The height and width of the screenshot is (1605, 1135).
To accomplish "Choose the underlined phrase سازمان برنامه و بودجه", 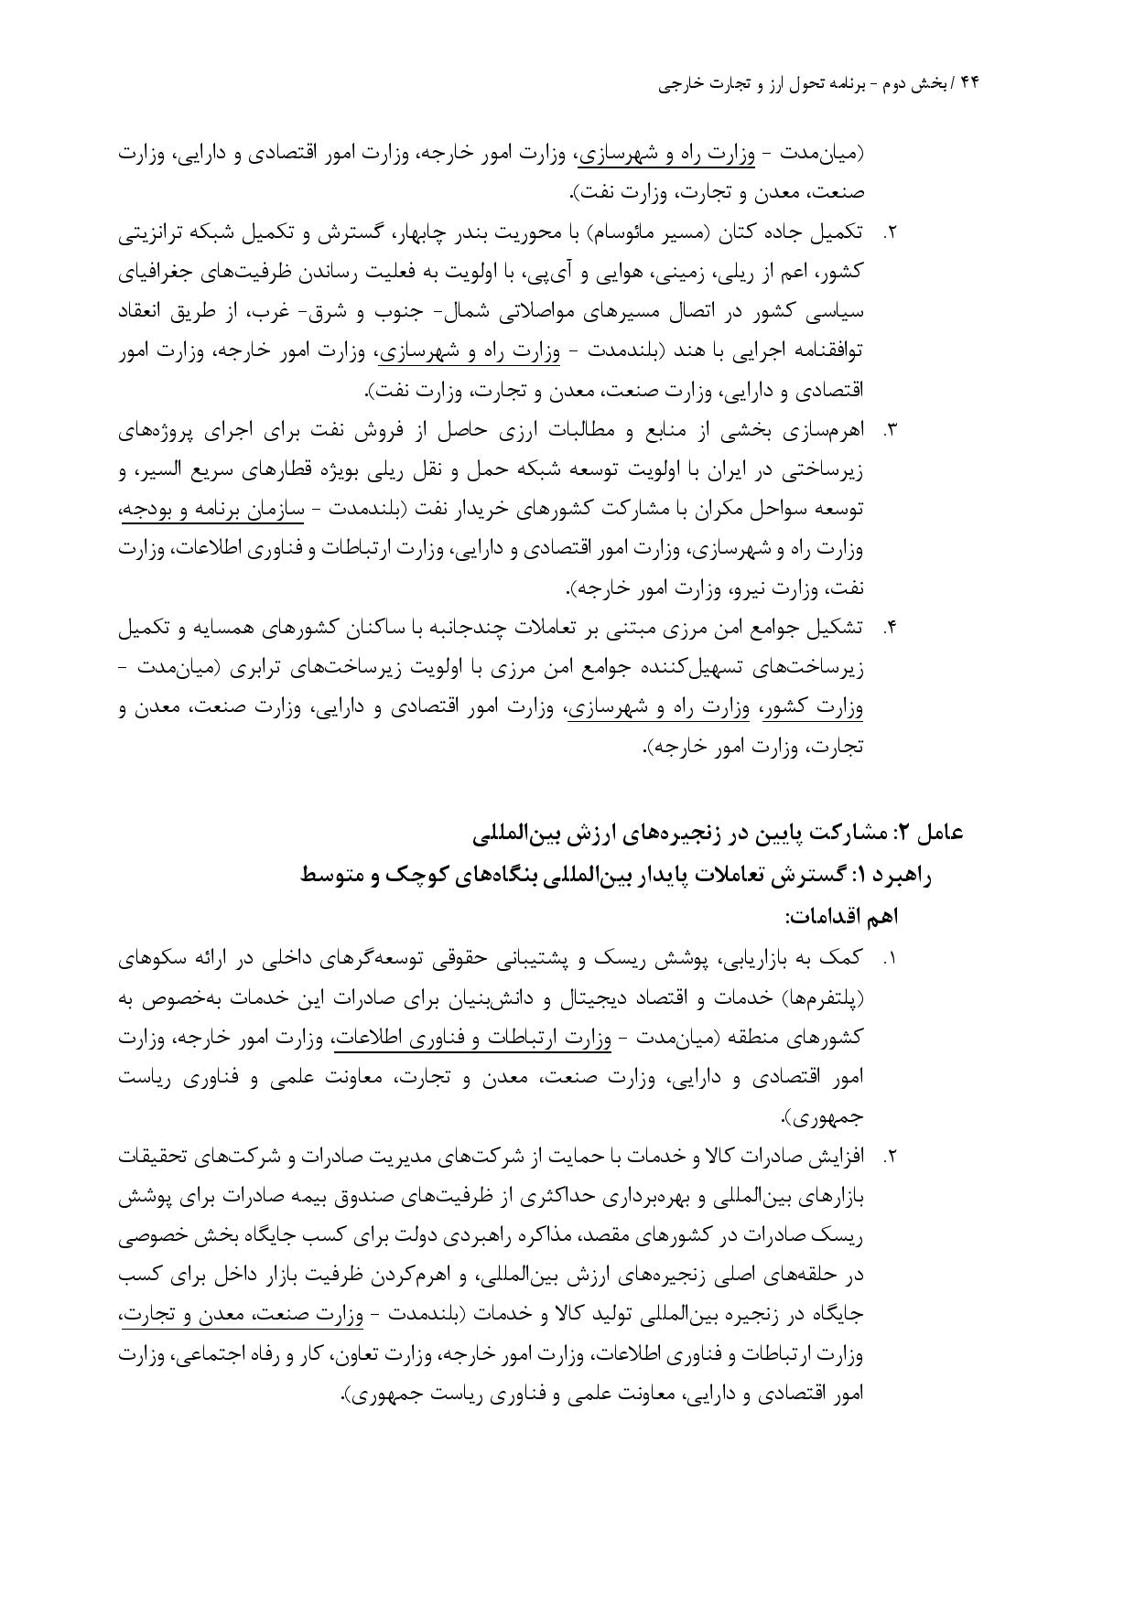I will click(x=211, y=509).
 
